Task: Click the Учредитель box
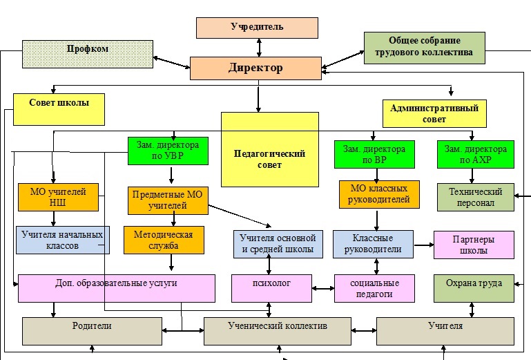[x=257, y=28]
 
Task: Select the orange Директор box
[x=255, y=68]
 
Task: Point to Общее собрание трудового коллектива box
[x=424, y=48]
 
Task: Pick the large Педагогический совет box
[x=270, y=149]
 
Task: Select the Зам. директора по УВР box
[x=168, y=151]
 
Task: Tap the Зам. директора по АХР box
[x=475, y=153]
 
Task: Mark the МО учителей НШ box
[x=58, y=196]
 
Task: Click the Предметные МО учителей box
[x=168, y=199]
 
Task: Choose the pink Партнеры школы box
[x=474, y=245]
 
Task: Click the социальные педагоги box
[x=374, y=288]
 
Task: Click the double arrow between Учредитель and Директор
[x=258, y=48]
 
